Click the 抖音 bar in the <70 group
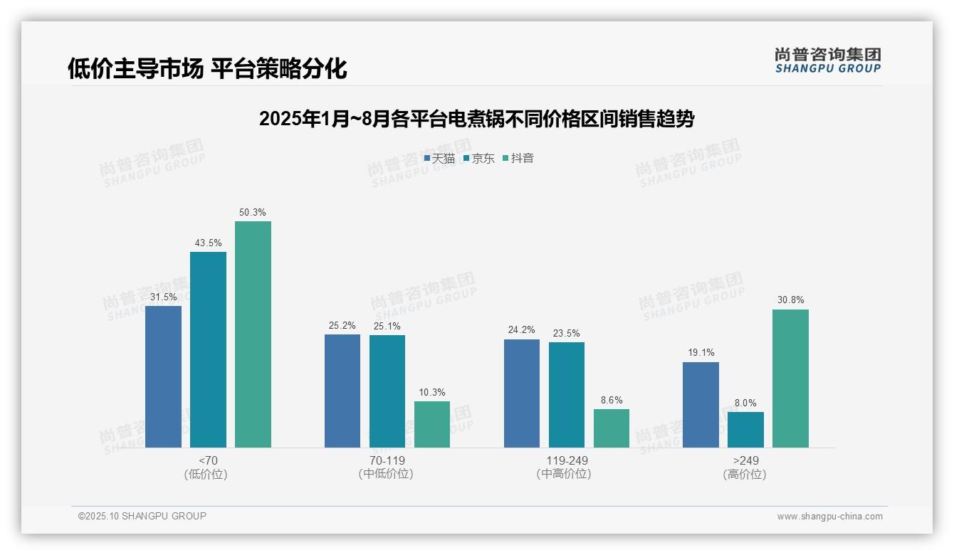[x=253, y=334]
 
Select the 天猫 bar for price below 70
[x=163, y=376]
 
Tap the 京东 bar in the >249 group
[x=745, y=430]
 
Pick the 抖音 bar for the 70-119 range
[x=432, y=424]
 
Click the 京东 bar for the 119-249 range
[x=566, y=395]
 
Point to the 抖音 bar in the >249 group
[x=790, y=379]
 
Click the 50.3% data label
[x=253, y=212]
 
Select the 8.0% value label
[x=745, y=403]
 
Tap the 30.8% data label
[x=790, y=300]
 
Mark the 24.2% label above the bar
[x=522, y=330]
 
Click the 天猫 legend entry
[x=439, y=159]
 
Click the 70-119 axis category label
[x=387, y=460]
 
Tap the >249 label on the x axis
[x=745, y=460]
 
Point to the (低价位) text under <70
[x=207, y=474]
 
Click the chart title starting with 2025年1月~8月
[x=476, y=119]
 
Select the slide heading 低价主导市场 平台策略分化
[x=207, y=69]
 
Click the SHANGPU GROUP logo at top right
[x=827, y=60]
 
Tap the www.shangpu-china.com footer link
[x=829, y=517]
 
